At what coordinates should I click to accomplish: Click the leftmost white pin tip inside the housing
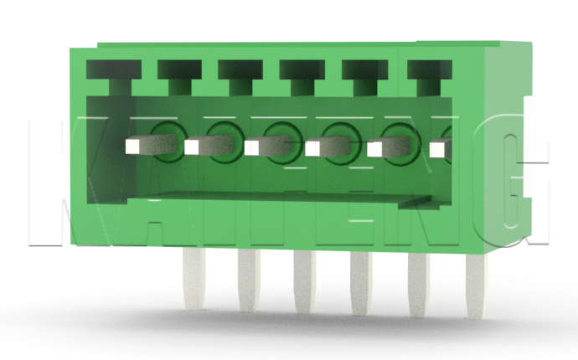pyautogui.click(x=132, y=147)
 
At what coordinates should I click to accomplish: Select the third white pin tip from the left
pyautogui.click(x=253, y=147)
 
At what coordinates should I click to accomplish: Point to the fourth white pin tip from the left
pyautogui.click(x=313, y=148)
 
